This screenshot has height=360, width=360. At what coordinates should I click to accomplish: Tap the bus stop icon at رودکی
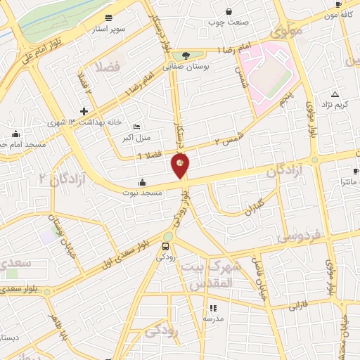(165, 246)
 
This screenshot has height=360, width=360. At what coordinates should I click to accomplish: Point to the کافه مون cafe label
(337, 15)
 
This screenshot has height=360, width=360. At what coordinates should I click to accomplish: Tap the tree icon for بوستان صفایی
(185, 56)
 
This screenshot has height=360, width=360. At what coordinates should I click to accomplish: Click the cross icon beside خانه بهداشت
(84, 111)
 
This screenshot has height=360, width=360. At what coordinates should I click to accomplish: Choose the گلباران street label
(250, 205)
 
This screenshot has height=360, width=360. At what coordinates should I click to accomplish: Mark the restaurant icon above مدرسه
(212, 307)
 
